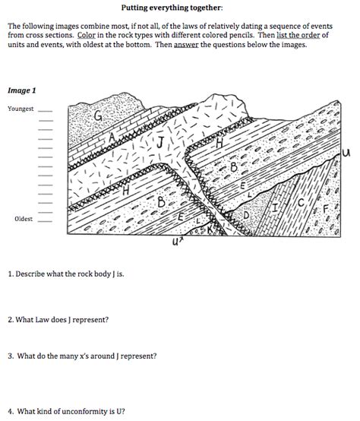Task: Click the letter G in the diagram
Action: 98,116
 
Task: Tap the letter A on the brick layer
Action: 112,138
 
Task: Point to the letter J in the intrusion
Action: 160,142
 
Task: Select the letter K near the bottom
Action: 210,229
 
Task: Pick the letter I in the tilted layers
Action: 276,207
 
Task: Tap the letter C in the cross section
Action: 301,202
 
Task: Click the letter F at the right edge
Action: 326,209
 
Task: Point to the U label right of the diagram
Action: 346,153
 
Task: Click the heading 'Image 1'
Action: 22,90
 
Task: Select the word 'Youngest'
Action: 21,109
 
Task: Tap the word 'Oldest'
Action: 24,219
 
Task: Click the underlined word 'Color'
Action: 87,35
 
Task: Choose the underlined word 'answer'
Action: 186,45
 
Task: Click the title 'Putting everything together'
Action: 172,8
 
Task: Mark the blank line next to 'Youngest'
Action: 46,111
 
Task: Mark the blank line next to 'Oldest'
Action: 46,221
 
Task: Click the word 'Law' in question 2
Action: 43,319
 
